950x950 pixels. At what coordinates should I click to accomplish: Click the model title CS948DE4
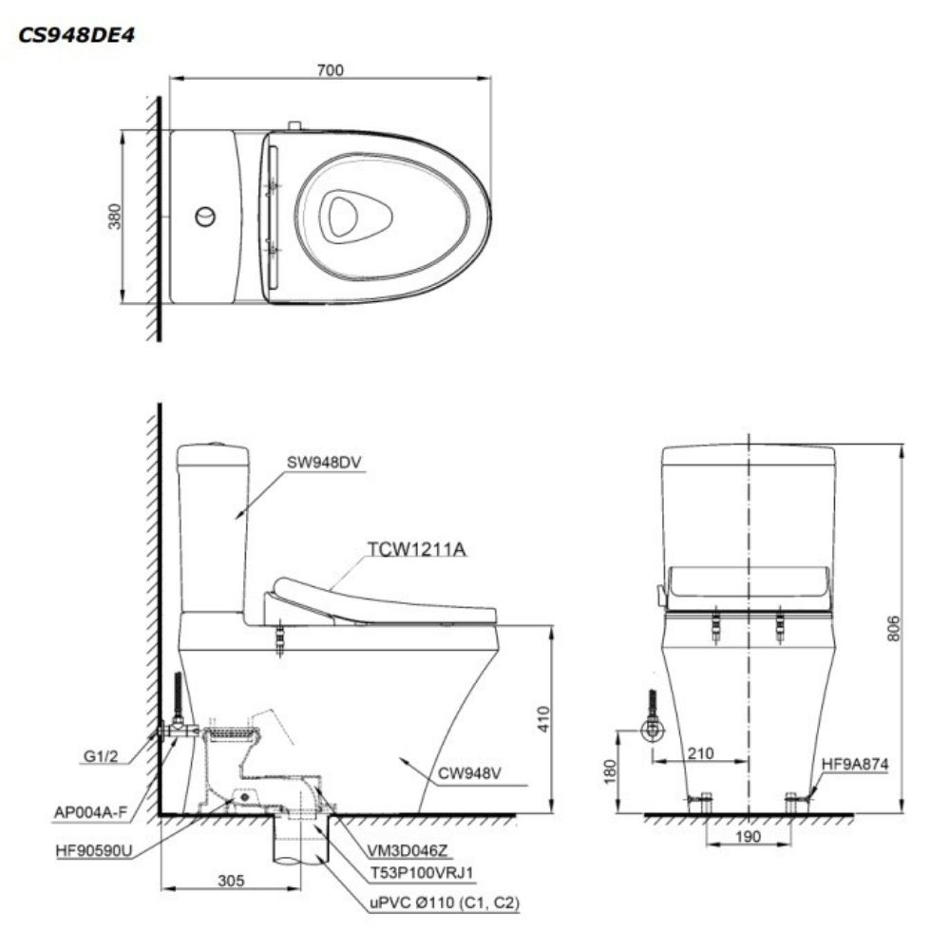(76, 35)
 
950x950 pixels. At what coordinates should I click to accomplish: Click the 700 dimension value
(331, 70)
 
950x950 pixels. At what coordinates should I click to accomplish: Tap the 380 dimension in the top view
(115, 217)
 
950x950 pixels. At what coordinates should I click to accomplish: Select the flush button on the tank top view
(205, 217)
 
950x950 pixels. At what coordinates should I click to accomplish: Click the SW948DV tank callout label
(324, 463)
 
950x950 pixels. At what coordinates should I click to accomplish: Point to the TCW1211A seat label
(417, 549)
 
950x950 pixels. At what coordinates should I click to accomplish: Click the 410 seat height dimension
(543, 719)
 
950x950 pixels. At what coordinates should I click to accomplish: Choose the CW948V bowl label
(469, 773)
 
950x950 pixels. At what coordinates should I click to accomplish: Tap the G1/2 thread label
(101, 757)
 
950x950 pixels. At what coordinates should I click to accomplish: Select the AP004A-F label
(91, 812)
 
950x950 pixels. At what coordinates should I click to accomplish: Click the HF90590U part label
(94, 850)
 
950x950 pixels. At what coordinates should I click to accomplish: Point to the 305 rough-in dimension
(231, 881)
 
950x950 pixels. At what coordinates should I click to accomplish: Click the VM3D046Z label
(408, 850)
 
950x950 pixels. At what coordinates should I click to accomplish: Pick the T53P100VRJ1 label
(423, 872)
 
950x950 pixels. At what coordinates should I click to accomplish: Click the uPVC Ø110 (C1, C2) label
(445, 902)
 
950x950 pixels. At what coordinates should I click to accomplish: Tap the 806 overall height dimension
(894, 629)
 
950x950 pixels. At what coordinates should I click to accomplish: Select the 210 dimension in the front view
(700, 753)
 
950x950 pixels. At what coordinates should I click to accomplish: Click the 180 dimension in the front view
(610, 771)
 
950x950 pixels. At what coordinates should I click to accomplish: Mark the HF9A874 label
(855, 765)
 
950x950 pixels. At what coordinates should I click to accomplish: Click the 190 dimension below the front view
(749, 837)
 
